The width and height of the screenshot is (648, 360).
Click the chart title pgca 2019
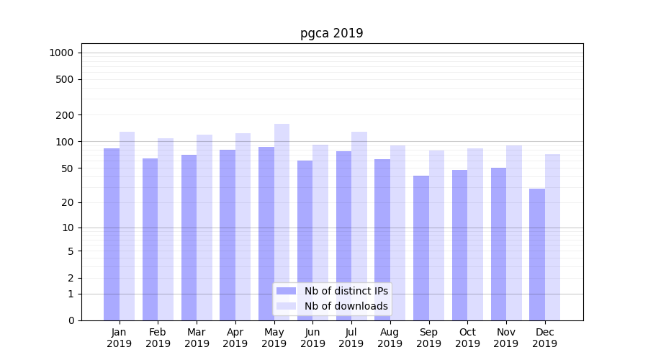pos(331,34)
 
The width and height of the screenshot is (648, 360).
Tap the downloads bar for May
pos(282,216)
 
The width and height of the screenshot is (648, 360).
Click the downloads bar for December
pos(552,238)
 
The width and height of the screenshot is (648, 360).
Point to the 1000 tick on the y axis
pos(61,53)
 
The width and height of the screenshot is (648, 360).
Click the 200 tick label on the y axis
pos(65,115)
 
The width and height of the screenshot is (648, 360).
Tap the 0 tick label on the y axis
pos(71,320)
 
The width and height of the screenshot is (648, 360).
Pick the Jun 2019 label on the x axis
pos(312,338)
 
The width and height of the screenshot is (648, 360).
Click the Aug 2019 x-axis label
pos(390,338)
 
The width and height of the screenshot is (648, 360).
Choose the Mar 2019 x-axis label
pos(197,338)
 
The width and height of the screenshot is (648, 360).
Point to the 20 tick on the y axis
pos(68,202)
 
